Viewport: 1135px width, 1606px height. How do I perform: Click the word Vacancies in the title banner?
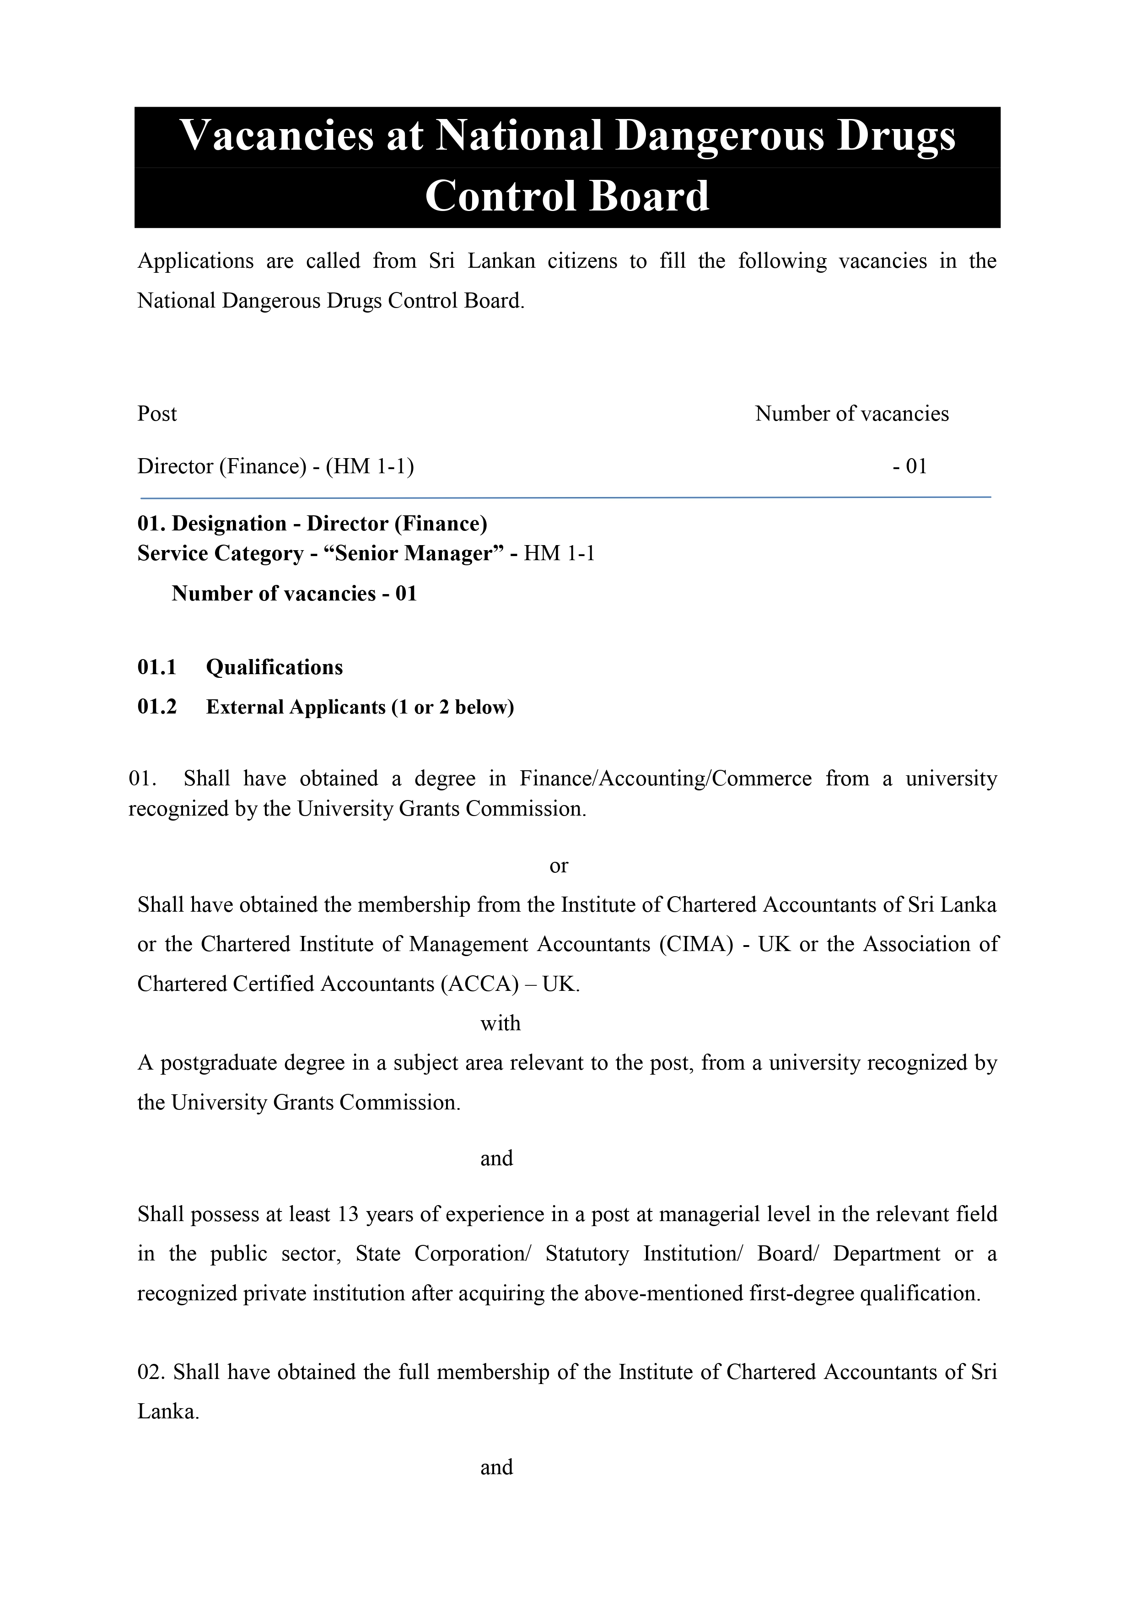(x=277, y=135)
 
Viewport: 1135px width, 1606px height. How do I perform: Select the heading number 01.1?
(x=156, y=667)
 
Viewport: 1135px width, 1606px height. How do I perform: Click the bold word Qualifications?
(x=274, y=667)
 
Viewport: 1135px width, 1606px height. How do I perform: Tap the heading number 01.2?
(x=156, y=707)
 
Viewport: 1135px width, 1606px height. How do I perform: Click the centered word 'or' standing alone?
(x=559, y=866)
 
